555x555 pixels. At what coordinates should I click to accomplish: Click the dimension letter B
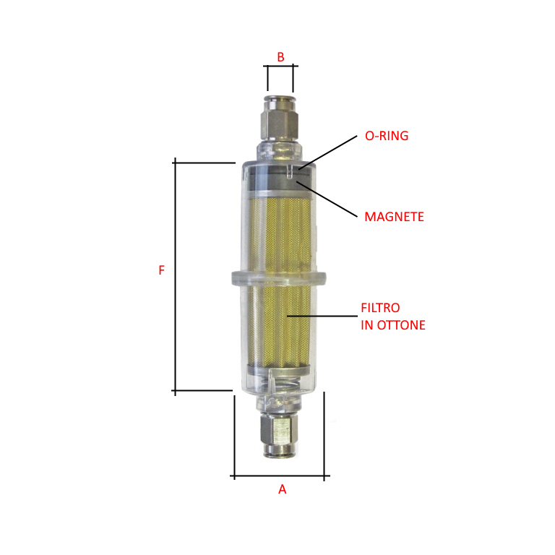point(281,56)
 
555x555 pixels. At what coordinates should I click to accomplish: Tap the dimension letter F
point(162,270)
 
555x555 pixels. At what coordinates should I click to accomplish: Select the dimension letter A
point(283,489)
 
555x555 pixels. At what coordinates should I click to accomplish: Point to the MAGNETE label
point(394,216)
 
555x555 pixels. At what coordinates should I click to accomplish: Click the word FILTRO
point(380,309)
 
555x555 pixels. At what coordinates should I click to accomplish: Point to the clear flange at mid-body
point(278,277)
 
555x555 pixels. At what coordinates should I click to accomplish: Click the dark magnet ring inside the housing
point(279,183)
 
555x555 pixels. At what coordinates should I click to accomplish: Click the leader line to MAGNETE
point(329,199)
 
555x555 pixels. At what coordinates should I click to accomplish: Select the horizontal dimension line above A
point(280,476)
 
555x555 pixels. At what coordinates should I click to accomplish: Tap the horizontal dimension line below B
point(280,67)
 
